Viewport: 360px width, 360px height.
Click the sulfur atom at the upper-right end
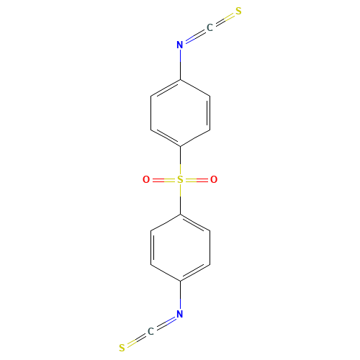[238, 12]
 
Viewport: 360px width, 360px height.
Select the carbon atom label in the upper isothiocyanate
[210, 28]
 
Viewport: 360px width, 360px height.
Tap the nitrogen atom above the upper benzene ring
[180, 45]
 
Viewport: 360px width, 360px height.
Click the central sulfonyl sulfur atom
[180, 180]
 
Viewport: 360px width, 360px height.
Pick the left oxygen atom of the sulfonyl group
[146, 180]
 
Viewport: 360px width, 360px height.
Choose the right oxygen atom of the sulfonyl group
[214, 180]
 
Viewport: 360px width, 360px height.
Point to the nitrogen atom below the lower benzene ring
[180, 315]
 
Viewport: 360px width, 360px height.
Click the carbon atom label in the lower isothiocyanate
[150, 332]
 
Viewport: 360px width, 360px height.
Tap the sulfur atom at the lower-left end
[122, 348]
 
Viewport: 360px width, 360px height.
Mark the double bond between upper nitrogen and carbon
[194, 37]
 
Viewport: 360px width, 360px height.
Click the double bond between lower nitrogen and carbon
[166, 323]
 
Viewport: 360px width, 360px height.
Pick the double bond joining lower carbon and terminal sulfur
[136, 340]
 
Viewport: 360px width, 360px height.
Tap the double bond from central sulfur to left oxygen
[163, 180]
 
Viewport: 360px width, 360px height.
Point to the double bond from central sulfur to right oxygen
[197, 180]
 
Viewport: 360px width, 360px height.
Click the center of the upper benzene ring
[180, 112]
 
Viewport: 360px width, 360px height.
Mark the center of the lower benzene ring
[180, 248]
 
